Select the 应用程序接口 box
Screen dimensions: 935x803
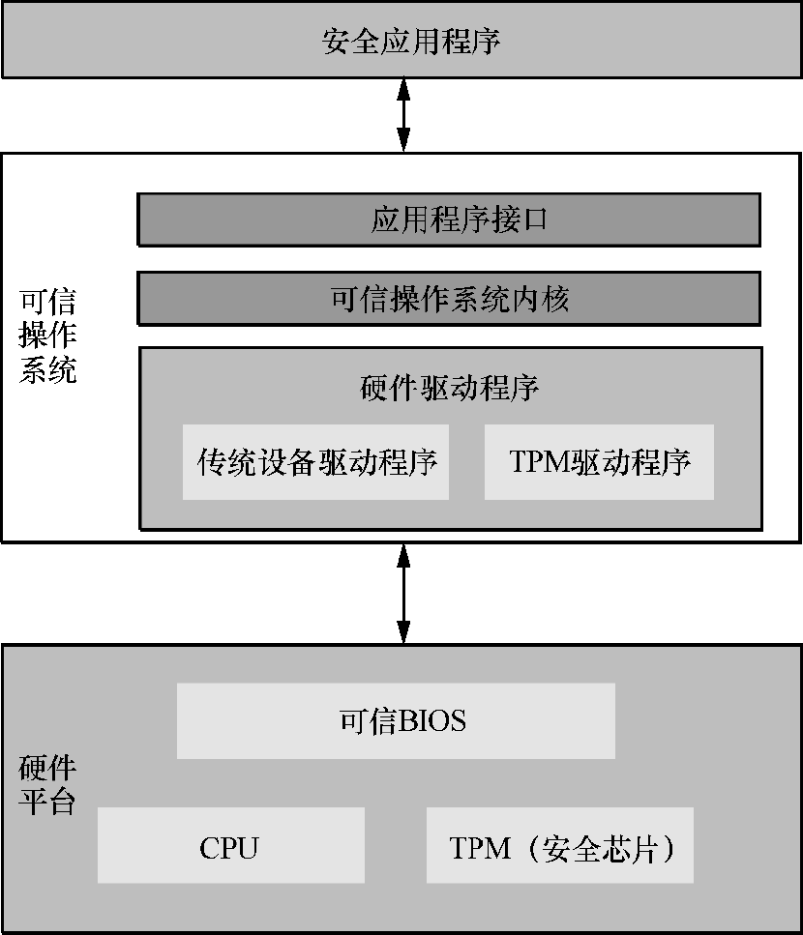coord(449,220)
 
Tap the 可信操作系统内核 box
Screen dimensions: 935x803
coord(449,300)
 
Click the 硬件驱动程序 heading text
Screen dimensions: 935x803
coord(449,388)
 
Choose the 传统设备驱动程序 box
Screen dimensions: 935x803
coord(316,462)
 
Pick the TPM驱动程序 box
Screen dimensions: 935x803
coord(599,462)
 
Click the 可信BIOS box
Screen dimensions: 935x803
coord(396,721)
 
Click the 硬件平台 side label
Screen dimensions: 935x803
coord(48,785)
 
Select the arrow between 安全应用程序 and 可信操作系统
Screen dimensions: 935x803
coord(403,114)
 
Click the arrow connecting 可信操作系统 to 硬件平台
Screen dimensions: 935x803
coord(403,593)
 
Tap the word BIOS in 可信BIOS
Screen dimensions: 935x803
coord(431,721)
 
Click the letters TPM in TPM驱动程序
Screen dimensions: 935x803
coord(539,462)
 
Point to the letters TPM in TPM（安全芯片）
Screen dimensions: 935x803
coord(480,848)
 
